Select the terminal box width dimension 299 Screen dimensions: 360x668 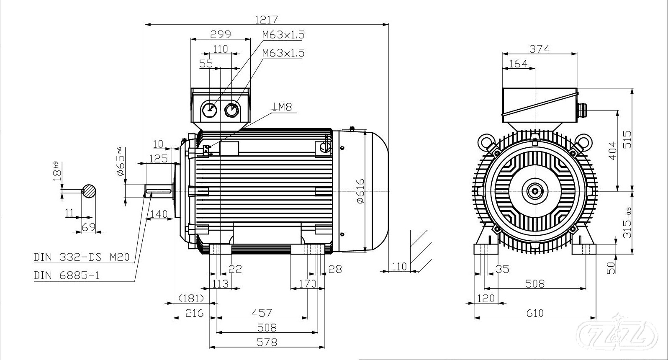tap(221, 34)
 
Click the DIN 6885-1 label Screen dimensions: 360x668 tap(67, 275)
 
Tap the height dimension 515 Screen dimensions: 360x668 tap(627, 139)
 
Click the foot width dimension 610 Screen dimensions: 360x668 tap(535, 313)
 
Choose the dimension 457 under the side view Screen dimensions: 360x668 tap(262, 313)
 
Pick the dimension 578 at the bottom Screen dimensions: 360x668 tap(267, 342)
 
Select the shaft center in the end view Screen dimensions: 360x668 tap(535, 191)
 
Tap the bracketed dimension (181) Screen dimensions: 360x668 tap(191, 298)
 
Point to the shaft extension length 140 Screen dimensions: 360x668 tap(158, 214)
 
